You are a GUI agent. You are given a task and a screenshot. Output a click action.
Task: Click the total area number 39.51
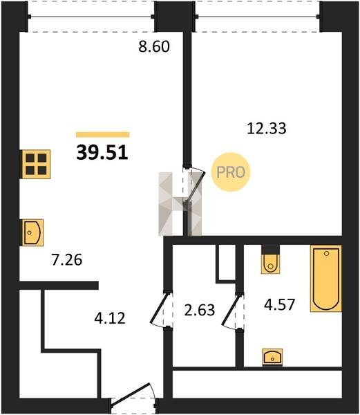click(x=102, y=154)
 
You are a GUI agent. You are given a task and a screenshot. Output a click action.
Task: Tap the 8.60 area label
click(x=154, y=46)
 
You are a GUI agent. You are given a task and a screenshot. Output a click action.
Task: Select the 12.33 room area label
click(x=267, y=129)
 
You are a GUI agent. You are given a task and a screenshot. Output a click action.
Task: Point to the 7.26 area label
click(x=67, y=259)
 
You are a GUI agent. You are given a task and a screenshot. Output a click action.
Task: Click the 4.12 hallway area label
click(x=110, y=318)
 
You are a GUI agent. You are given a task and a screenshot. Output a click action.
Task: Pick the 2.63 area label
click(x=200, y=310)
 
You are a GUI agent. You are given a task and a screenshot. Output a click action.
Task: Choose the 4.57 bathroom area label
click(x=279, y=304)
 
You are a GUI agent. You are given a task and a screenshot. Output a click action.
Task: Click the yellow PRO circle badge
click(x=231, y=172)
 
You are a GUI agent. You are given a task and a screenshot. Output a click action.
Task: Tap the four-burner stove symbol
click(x=36, y=165)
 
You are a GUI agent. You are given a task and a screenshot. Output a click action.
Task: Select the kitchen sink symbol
click(x=32, y=232)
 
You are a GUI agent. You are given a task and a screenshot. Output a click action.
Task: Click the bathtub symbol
click(x=326, y=279)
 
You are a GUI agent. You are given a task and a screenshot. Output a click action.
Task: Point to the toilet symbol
click(x=270, y=264)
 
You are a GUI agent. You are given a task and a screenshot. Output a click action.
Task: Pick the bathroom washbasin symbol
click(x=272, y=358)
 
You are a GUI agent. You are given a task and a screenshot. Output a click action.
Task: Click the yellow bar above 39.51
click(x=102, y=135)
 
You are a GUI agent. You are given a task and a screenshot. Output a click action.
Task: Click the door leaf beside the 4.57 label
click(x=231, y=310)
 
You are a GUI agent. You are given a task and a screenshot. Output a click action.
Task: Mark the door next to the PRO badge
click(x=196, y=186)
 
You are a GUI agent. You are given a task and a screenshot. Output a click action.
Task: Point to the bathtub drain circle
click(x=326, y=254)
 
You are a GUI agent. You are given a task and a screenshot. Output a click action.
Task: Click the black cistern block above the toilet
click(x=270, y=250)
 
